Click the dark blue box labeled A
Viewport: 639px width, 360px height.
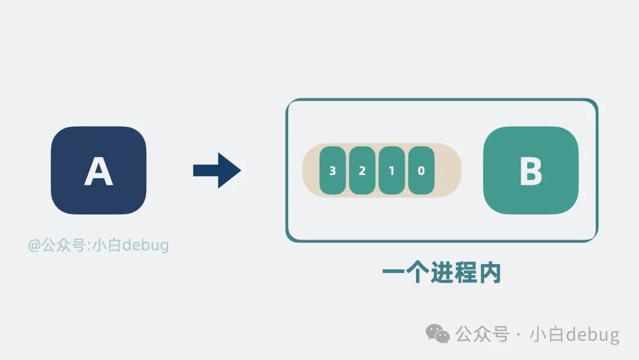coord(98,171)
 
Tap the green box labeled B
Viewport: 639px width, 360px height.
coord(531,171)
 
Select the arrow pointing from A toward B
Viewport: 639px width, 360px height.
coord(217,171)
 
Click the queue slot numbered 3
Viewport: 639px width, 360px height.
coord(332,171)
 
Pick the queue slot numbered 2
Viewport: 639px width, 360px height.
coord(362,171)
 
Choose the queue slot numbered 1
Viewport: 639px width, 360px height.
coord(391,171)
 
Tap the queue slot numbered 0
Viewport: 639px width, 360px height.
coord(421,171)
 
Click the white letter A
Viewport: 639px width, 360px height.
coord(98,171)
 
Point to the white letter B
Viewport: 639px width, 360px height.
coord(531,171)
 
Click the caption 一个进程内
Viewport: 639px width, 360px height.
coord(441,273)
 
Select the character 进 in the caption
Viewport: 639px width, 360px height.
coord(441,273)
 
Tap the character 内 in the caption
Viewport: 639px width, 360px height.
coord(489,273)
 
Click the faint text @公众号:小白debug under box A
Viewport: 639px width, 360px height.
coord(99,245)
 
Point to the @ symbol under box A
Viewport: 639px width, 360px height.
coord(35,245)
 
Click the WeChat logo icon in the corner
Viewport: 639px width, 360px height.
coord(438,335)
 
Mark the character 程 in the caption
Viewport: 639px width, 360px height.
coord(466,273)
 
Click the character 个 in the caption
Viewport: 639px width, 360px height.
coord(418,273)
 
